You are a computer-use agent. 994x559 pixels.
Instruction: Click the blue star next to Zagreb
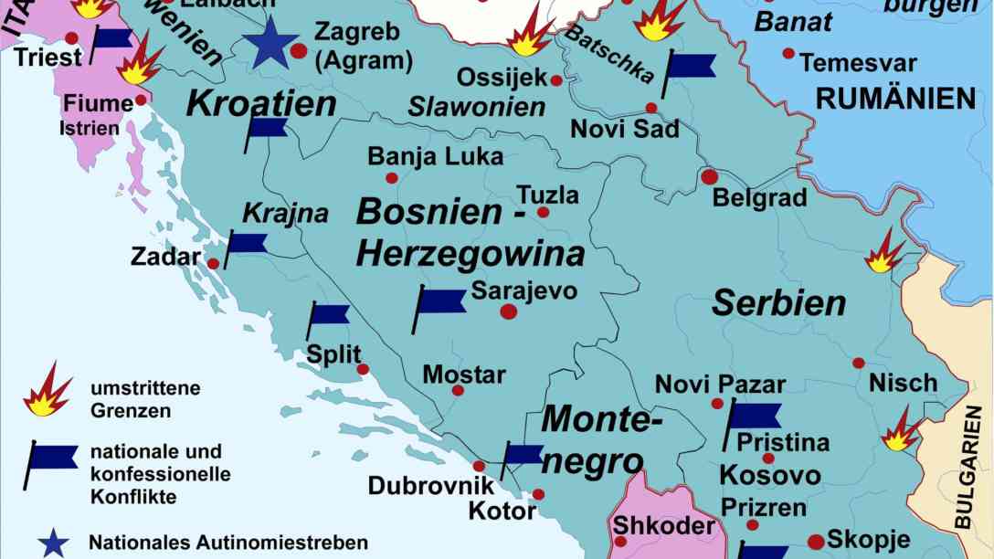tap(270, 44)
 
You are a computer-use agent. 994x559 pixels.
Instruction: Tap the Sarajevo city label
tap(523, 290)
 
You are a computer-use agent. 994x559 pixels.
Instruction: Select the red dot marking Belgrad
tap(709, 176)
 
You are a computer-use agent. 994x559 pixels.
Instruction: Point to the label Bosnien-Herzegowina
tap(470, 232)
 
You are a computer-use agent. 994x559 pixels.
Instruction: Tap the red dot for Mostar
tap(458, 390)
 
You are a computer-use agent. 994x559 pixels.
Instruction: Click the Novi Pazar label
tap(720, 384)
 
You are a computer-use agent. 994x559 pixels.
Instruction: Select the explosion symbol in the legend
tap(47, 389)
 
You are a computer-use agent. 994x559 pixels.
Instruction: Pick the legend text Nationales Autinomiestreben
tap(227, 543)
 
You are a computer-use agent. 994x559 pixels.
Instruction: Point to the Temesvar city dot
tap(788, 54)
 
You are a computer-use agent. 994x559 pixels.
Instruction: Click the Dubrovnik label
tap(430, 486)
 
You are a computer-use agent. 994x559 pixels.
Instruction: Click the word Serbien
tap(778, 303)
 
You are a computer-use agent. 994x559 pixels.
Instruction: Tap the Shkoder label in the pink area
tap(663, 526)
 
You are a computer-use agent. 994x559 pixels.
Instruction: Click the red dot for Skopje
tap(816, 542)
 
